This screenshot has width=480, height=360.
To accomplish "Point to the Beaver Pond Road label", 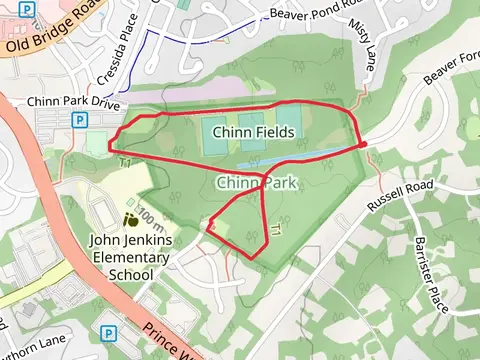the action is point(304,16).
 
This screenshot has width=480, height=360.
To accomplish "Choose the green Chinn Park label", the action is point(251,182).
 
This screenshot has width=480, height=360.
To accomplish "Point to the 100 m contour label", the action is point(147,215).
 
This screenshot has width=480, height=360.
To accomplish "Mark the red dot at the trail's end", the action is point(362,146).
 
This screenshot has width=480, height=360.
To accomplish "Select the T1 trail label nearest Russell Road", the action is point(276,231).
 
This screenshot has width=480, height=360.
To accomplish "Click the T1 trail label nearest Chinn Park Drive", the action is point(126,163).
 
